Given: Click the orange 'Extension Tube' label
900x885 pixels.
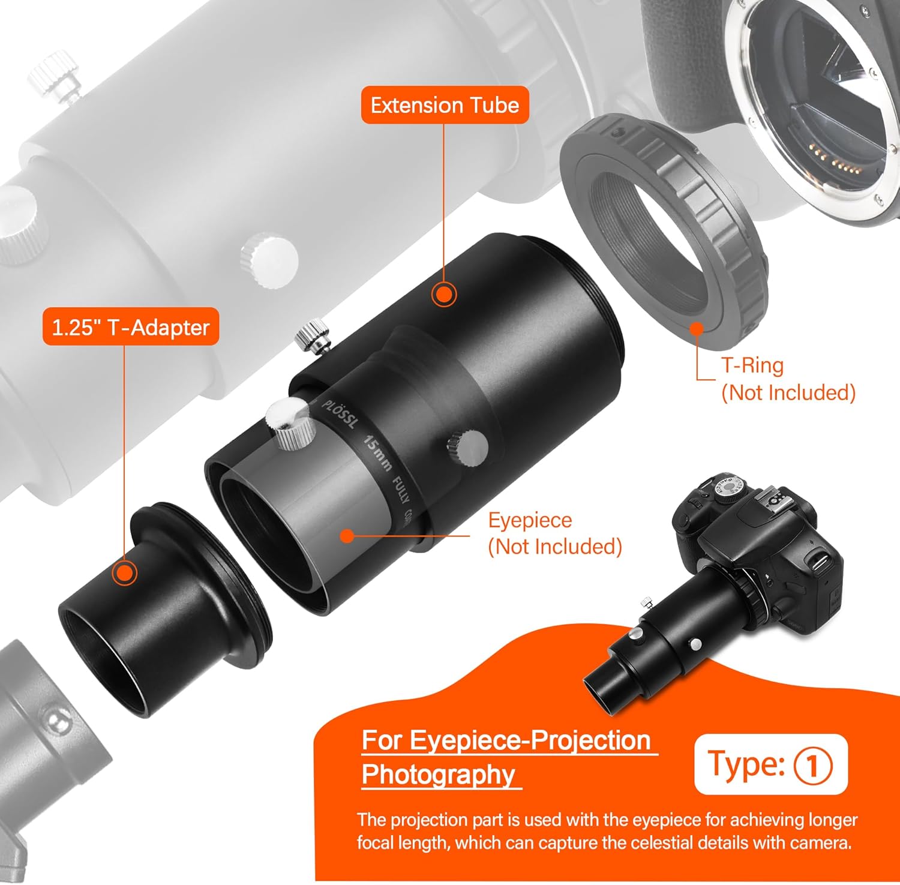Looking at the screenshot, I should click(445, 105).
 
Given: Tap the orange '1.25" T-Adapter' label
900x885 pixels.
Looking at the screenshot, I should click(130, 327).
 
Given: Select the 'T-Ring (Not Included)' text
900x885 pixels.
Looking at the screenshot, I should click(787, 379).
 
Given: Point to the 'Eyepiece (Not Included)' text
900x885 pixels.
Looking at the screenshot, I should click(554, 533).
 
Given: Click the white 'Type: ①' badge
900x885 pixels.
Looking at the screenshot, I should click(770, 764).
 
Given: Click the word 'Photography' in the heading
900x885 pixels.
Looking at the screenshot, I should click(439, 775).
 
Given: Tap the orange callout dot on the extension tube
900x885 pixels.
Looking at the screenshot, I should click(444, 294).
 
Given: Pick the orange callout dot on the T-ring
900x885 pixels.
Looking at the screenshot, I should click(696, 328).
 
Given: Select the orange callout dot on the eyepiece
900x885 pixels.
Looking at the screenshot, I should click(347, 535).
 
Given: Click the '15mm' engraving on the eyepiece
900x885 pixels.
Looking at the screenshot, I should click(379, 454).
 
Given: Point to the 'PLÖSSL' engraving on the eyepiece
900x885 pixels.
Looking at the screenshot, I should click(340, 414).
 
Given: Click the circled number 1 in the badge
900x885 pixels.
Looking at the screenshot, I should click(813, 766).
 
